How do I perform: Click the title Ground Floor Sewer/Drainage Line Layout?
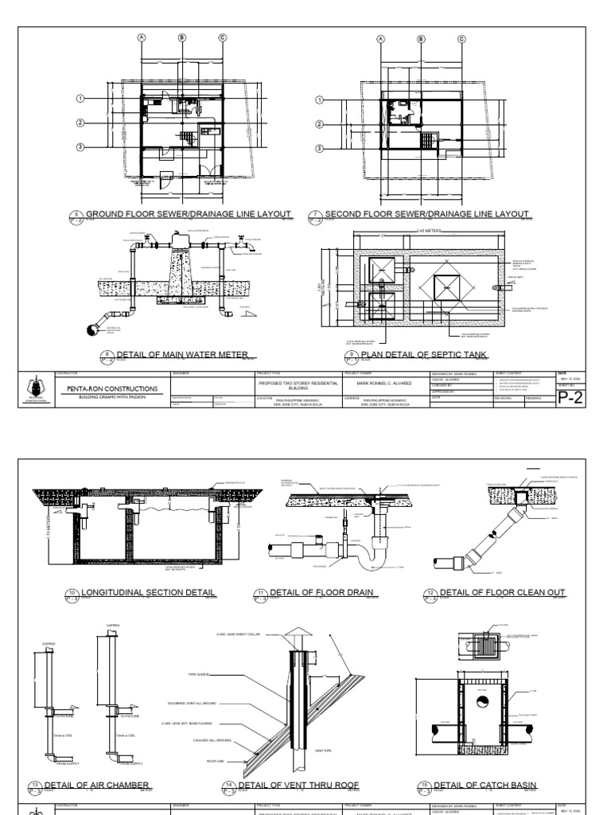[x=188, y=214]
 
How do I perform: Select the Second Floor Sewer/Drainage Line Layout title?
[x=426, y=214]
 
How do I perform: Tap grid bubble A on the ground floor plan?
[x=142, y=37]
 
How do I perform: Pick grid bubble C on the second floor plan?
[x=421, y=37]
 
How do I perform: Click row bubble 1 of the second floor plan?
[x=320, y=100]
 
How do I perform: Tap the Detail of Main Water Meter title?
[x=182, y=354]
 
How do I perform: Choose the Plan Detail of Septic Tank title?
[x=424, y=354]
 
